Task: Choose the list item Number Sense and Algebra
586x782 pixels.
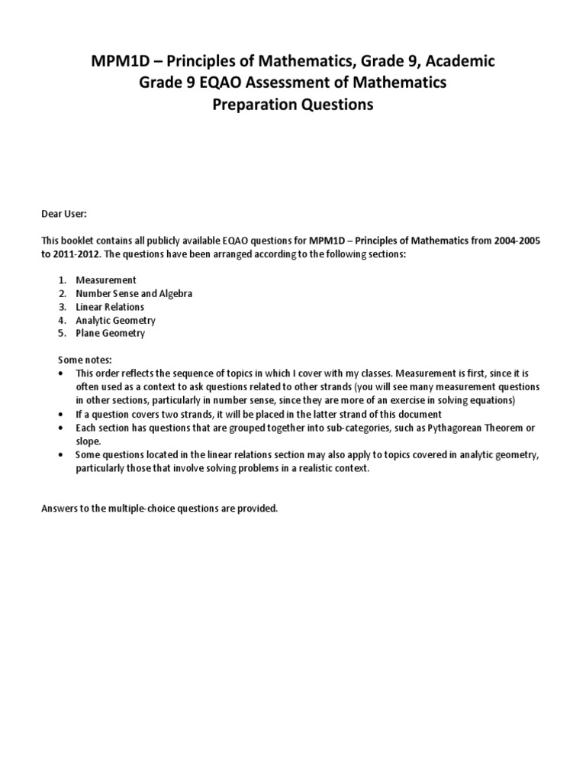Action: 134,294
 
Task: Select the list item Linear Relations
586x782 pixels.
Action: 109,307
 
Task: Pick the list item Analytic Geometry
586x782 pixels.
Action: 115,321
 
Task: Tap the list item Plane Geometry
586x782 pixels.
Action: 110,334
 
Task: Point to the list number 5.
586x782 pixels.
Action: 63,334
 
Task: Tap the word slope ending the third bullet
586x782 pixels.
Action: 88,441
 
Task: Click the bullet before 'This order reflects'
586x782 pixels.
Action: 61,373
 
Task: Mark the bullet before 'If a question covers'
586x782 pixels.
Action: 61,414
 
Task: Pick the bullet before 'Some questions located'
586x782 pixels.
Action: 61,455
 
